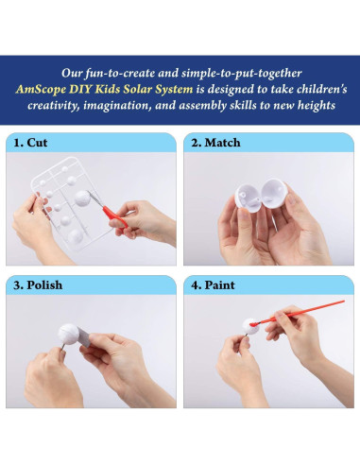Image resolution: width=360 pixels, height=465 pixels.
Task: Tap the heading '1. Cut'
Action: click(30, 143)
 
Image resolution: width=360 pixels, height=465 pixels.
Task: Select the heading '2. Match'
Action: click(215, 143)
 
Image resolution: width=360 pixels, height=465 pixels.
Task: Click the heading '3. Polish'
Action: click(38, 285)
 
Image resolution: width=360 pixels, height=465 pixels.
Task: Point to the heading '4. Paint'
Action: click(213, 285)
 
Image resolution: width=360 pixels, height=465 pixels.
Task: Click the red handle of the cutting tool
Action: click(114, 216)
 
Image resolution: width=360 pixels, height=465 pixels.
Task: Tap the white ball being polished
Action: click(69, 335)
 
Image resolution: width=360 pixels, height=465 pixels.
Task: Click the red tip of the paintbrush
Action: click(252, 323)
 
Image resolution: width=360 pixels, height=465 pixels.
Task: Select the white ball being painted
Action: click(250, 326)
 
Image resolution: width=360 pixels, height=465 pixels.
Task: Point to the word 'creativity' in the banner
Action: click(54, 105)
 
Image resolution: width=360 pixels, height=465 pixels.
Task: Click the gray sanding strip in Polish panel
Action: click(84, 336)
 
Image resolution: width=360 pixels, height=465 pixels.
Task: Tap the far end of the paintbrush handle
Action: click(343, 301)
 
